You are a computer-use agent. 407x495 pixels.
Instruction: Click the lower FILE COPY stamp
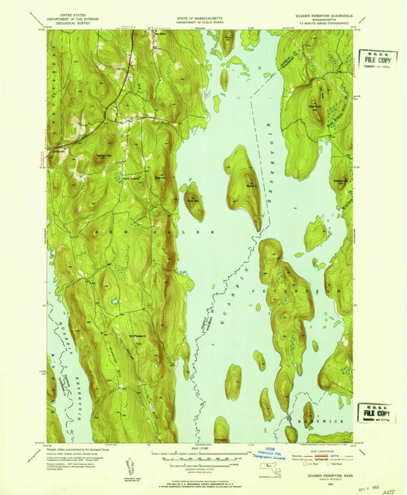point(376,413)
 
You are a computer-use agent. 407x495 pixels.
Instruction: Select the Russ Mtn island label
point(193,200)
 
